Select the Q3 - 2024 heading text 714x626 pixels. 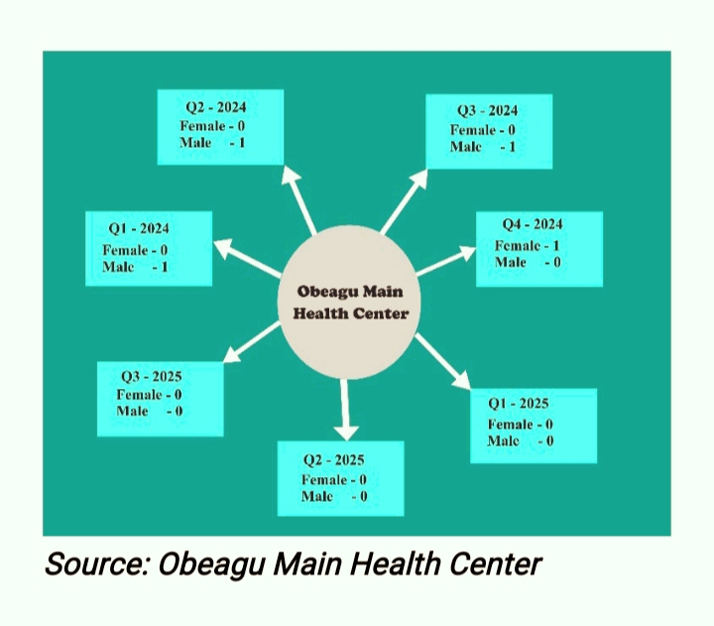[x=487, y=111]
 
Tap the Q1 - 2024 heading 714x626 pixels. [x=139, y=229]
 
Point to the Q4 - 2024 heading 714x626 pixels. [x=533, y=225]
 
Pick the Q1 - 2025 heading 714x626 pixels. [x=519, y=405]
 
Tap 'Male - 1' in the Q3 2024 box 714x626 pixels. [x=483, y=147]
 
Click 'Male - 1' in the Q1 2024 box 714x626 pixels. [x=135, y=267]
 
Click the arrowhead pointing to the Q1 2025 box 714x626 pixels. [x=461, y=382]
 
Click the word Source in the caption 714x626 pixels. [x=94, y=564]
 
